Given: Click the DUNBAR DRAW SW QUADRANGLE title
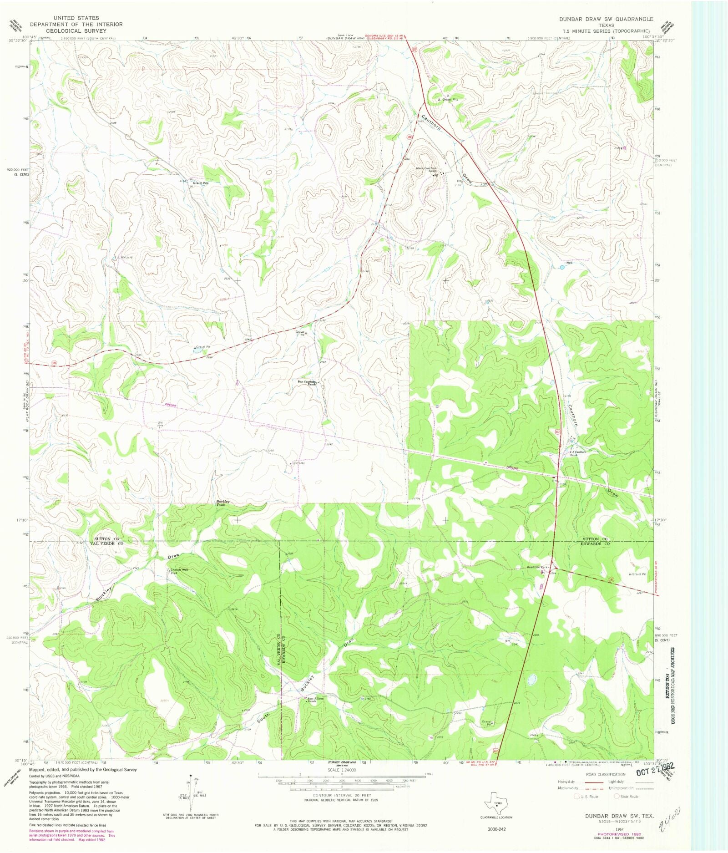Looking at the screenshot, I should [607, 19].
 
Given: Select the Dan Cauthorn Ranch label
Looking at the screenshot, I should [306, 383].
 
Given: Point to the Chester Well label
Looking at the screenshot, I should [179, 570].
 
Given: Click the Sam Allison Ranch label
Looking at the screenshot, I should [315, 700].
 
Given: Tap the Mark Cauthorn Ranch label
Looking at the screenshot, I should [427, 169].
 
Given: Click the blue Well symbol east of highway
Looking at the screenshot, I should [562, 268].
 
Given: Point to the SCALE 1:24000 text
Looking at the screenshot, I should [341, 770].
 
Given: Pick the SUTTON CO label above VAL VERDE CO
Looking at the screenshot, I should [106, 538].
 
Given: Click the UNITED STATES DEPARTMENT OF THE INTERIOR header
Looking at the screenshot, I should [76, 24].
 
